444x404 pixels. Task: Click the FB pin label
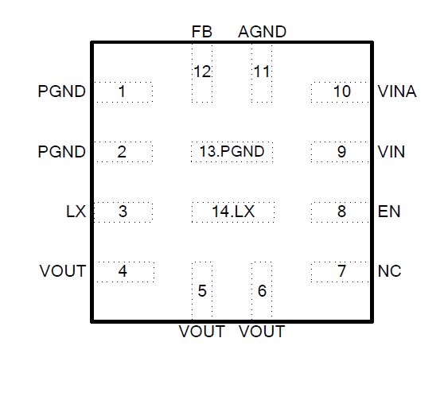pos(202,32)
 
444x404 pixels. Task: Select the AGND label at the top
pos(263,32)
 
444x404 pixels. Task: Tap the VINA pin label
pos(397,91)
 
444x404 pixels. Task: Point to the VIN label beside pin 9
pos(391,151)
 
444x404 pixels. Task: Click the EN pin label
pos(389,212)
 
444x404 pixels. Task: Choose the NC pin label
pos(390,271)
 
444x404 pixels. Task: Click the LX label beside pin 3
pos(76,212)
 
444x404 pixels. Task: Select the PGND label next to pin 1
pos(62,91)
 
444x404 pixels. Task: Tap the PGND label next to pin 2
pos(62,151)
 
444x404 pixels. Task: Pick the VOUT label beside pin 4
pos(63,271)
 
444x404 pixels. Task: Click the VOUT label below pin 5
pos(202,332)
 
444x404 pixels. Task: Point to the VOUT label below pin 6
pos(262,332)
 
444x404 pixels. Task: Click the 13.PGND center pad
pos(232,151)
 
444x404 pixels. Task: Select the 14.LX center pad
pos(233,212)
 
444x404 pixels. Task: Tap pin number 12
pos(202,72)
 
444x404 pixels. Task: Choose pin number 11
pos(262,72)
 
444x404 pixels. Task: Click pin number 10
pos(342,91)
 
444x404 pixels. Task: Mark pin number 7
pos(342,271)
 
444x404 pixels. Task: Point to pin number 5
pos(202,291)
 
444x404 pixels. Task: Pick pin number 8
pos(342,212)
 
